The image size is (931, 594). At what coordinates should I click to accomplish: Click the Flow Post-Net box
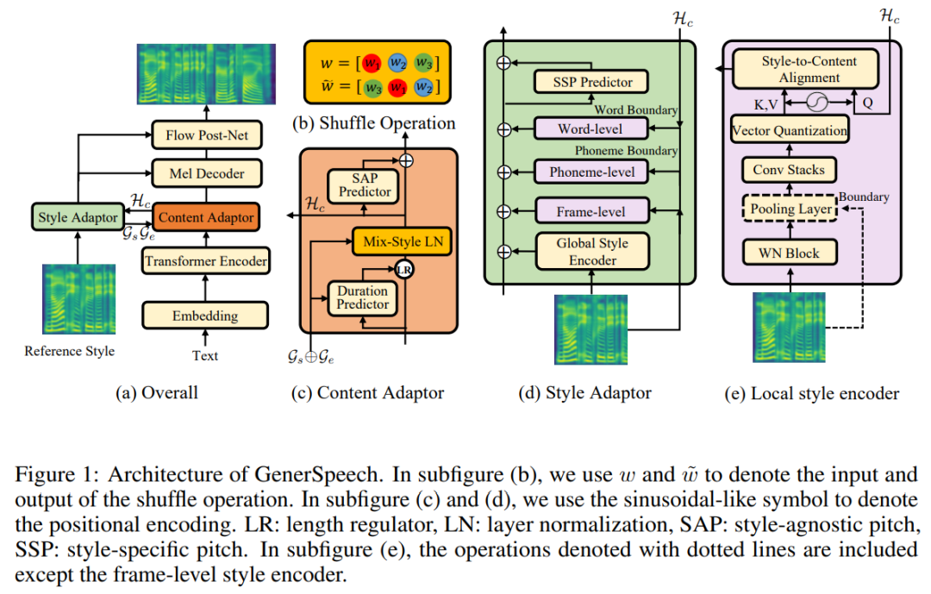pos(206,134)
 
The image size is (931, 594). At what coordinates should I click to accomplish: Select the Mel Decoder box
pos(206,173)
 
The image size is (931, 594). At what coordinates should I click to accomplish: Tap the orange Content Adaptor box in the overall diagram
pos(206,217)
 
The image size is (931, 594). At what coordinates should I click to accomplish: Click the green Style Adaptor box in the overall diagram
pos(78,217)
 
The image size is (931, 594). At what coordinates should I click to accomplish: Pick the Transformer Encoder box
pos(206,260)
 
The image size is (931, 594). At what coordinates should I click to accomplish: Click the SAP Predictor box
pos(364,184)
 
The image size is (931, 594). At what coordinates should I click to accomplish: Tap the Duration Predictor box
pos(363,297)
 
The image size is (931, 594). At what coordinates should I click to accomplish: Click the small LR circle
pos(403,270)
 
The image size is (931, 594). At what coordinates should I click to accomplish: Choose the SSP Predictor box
pos(593,83)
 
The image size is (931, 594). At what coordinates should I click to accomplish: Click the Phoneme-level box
pos(591,172)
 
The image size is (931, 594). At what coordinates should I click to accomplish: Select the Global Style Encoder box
pos(591,252)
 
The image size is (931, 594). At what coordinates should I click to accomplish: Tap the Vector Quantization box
pos(789,131)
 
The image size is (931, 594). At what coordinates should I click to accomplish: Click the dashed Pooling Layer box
pos(789,209)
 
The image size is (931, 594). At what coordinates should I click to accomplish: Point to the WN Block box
pos(789,253)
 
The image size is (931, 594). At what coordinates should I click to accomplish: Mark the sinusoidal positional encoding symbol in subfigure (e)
pos(815,103)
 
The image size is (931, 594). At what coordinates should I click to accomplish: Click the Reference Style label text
pos(69,351)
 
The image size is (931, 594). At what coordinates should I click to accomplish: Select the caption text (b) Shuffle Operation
pos(375,122)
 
